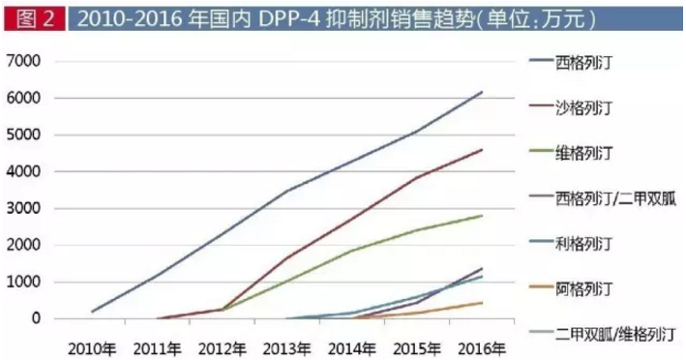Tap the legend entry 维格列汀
coord(584,153)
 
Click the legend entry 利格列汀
coord(584,242)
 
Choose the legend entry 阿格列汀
coord(584,287)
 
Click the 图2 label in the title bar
coord(31,18)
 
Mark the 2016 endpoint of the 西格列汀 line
coord(482,92)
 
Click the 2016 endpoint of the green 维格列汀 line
coord(482,216)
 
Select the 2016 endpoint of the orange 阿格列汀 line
coord(482,303)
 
